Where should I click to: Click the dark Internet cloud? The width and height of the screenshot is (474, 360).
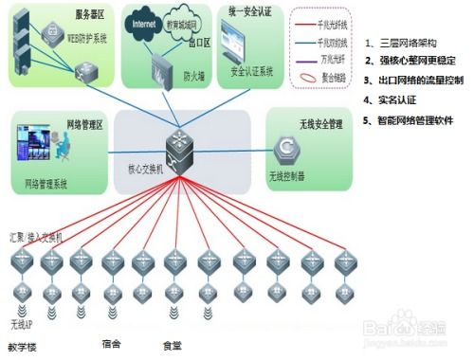144,21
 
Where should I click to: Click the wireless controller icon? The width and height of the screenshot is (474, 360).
283,149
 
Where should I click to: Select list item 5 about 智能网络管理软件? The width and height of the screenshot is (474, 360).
414,121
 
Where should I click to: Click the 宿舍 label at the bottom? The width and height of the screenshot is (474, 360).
111,344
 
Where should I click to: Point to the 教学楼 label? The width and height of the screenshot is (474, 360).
23,347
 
